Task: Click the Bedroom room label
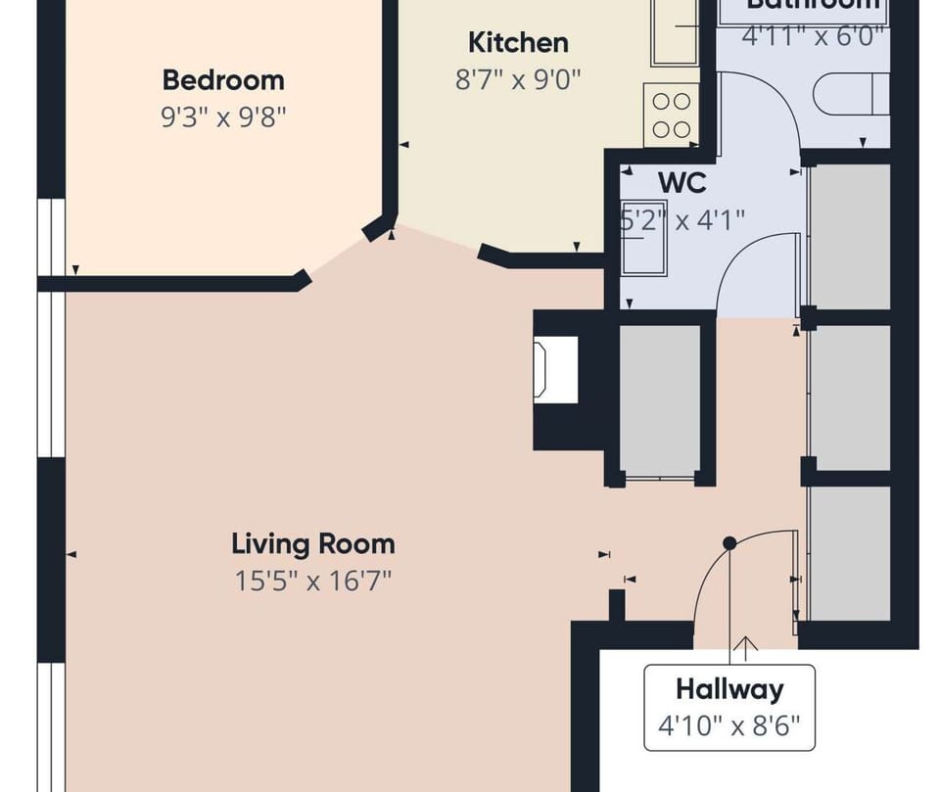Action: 223,79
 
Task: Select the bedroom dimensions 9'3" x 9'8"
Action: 223,117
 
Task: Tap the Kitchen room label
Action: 518,42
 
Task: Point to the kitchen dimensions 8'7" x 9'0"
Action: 518,79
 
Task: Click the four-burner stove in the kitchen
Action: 671,115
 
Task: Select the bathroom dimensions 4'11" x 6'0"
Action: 813,36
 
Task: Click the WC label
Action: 681,182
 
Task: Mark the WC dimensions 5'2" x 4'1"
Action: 682,218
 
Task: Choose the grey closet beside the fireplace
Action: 660,399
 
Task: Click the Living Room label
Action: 313,543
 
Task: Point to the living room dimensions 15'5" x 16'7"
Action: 313,581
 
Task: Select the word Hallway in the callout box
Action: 729,689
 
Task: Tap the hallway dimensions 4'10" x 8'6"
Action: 729,725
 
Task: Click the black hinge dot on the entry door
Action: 729,542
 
